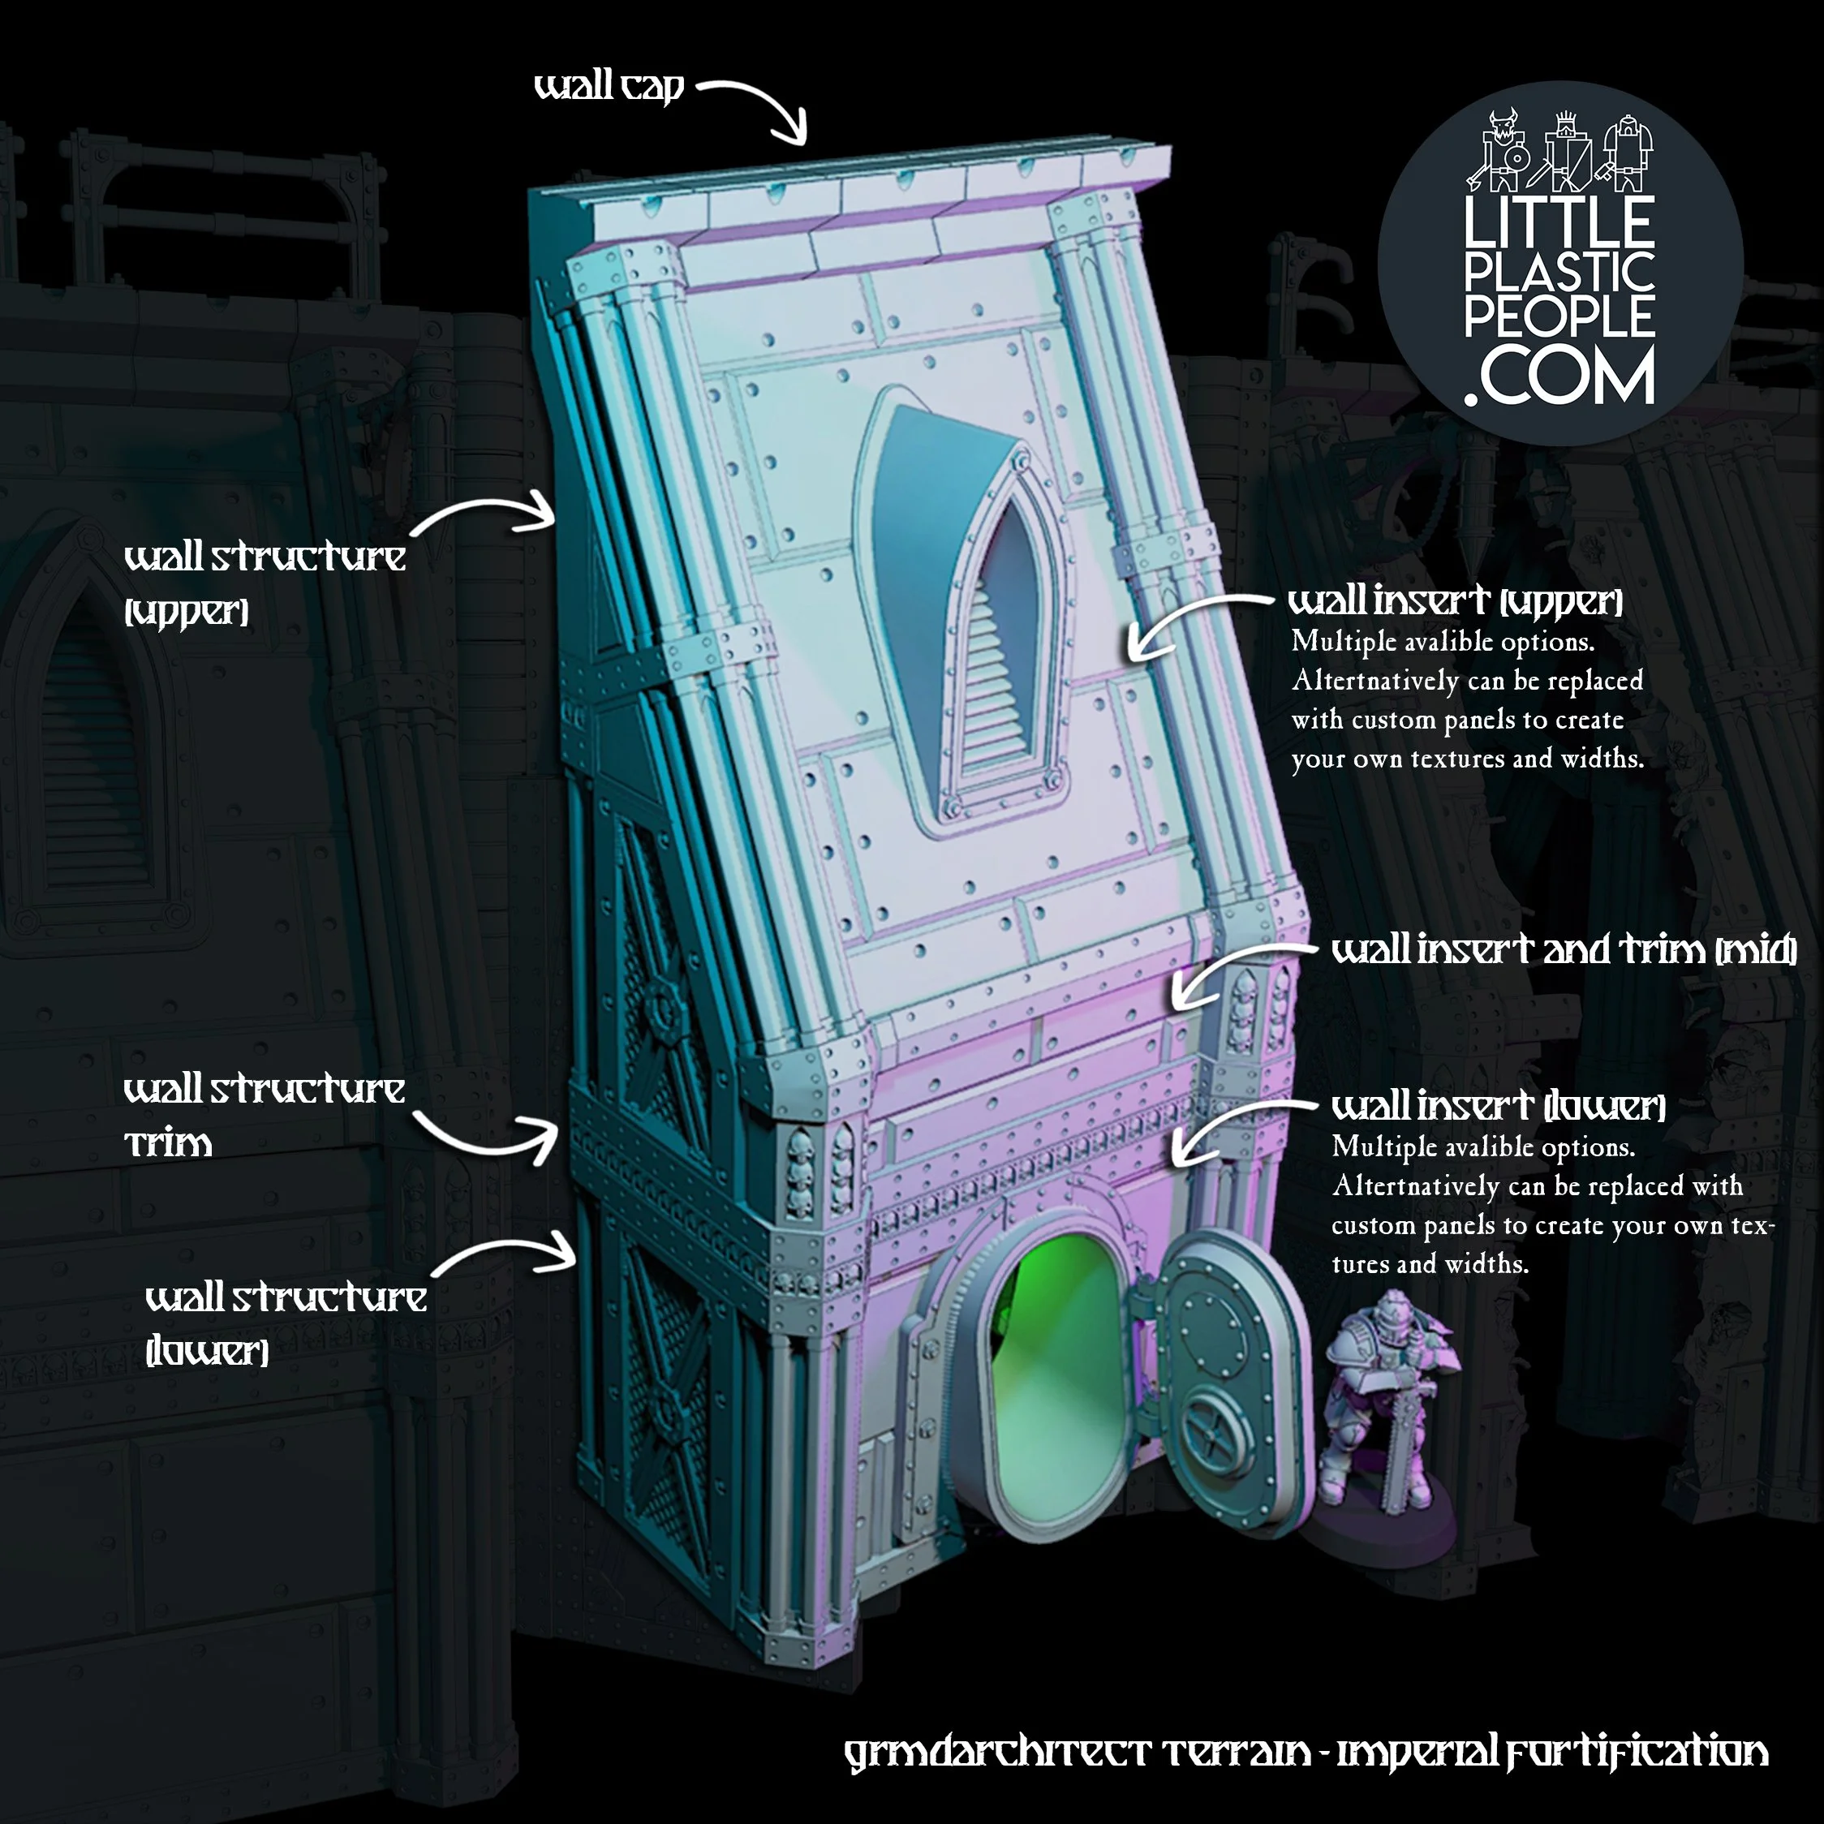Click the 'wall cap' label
click(608, 87)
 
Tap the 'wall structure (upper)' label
click(265, 581)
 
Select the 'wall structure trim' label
click(265, 1114)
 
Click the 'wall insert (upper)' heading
click(1455, 600)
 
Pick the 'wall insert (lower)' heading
click(1499, 1106)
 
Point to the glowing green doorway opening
click(1057, 1369)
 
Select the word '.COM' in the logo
click(1559, 376)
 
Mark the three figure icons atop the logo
click(1559, 151)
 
